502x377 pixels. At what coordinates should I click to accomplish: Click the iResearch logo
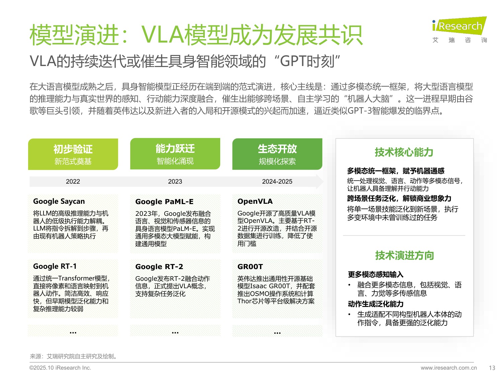(459, 26)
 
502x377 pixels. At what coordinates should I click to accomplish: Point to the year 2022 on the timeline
(73, 181)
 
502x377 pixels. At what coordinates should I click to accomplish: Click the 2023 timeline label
(175, 181)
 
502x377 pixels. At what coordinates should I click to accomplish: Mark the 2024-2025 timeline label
(277, 181)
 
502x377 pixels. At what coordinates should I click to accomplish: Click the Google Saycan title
(59, 201)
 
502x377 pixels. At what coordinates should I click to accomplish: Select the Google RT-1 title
(55, 266)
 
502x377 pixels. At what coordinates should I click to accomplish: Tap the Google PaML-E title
(164, 202)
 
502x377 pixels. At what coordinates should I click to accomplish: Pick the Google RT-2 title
(159, 267)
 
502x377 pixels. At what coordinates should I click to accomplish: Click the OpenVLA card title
(255, 201)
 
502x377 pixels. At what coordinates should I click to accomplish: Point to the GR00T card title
(250, 267)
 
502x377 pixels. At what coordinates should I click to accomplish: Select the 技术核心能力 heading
(404, 152)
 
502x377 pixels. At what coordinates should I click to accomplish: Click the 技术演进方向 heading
(404, 256)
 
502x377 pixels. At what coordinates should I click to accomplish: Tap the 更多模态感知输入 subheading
(375, 274)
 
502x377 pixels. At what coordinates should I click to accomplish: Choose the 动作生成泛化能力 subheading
(375, 304)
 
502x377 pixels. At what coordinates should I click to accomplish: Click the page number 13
(492, 368)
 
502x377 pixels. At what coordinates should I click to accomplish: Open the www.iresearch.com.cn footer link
(449, 368)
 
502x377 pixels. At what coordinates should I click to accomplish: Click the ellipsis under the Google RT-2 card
(175, 332)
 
